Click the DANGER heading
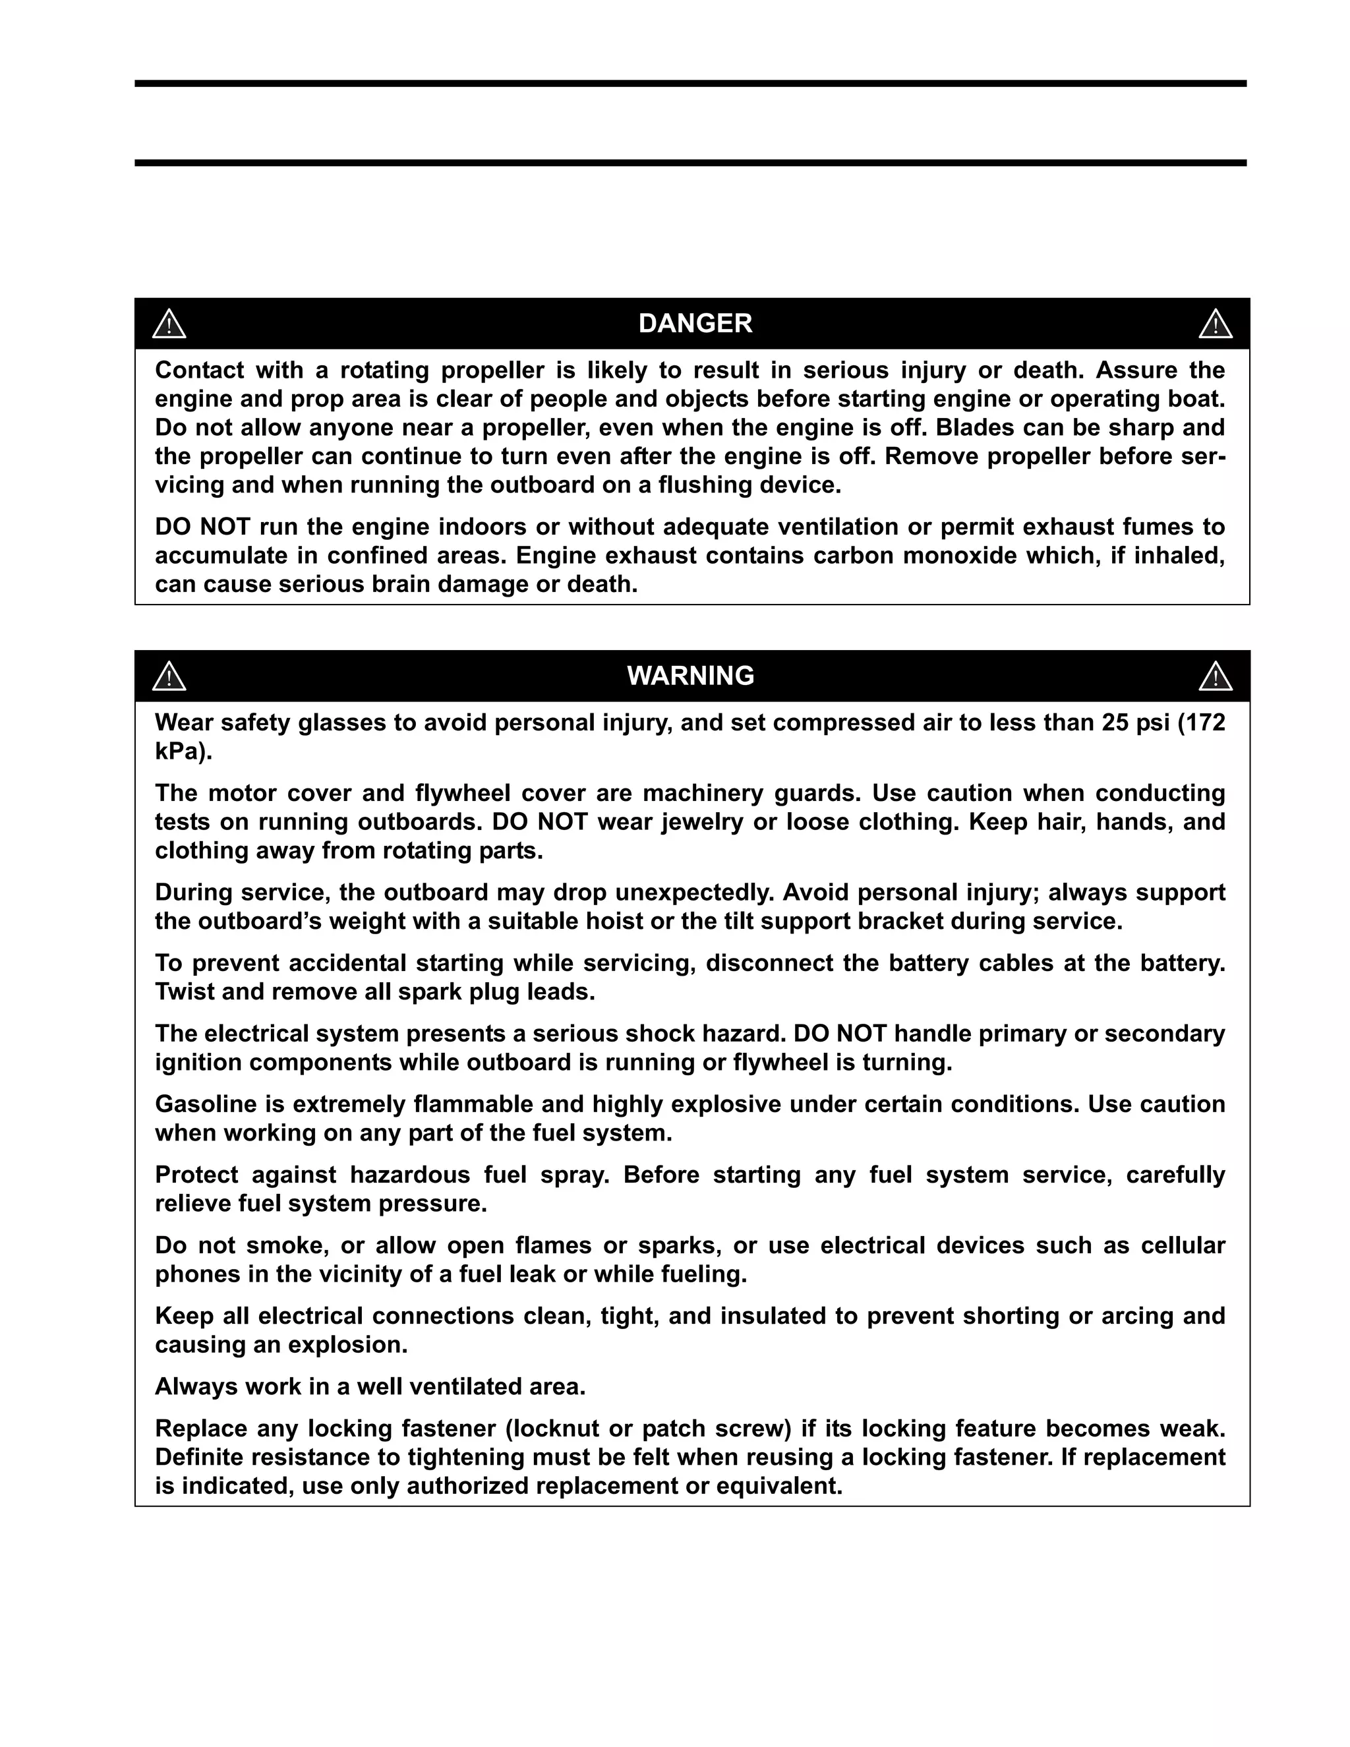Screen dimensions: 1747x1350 pyautogui.click(x=694, y=323)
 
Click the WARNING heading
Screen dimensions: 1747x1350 pyautogui.click(x=690, y=676)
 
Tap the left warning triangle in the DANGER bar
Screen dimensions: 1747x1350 pyautogui.click(x=169, y=324)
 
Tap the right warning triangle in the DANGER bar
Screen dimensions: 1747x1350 pyautogui.click(x=1215, y=324)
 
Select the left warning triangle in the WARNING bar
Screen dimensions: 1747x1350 pyautogui.click(x=169, y=677)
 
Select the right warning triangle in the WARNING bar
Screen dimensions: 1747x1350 pyautogui.click(x=1215, y=677)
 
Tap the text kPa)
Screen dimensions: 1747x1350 pyautogui.click(x=183, y=752)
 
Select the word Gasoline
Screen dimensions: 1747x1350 pyautogui.click(x=205, y=1104)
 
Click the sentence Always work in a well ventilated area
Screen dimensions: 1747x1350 pyautogui.click(x=370, y=1386)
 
